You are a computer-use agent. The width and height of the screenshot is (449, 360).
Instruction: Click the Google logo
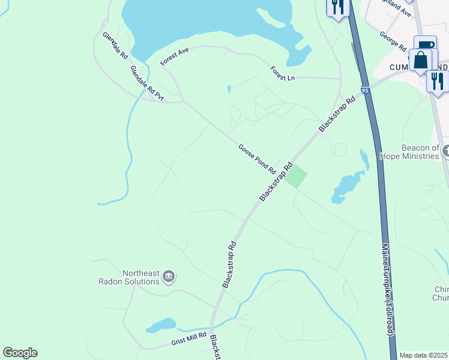(20, 353)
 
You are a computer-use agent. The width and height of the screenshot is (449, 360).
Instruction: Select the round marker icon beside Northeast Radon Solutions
(169, 277)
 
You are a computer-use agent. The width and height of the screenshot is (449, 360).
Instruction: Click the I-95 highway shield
(365, 91)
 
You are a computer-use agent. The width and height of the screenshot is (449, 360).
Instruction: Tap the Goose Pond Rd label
(256, 159)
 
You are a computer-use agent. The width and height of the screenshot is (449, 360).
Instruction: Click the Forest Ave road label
(175, 57)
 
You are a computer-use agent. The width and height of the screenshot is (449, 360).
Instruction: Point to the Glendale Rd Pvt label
(147, 83)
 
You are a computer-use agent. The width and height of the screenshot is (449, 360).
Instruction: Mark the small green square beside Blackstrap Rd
(296, 177)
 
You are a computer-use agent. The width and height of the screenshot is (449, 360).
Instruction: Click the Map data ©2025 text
(423, 355)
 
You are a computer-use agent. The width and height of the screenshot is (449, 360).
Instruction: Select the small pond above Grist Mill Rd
(160, 326)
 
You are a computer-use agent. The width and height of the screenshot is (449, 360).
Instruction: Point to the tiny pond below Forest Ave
(229, 90)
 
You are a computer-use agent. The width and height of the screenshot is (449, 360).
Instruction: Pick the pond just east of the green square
(347, 186)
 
